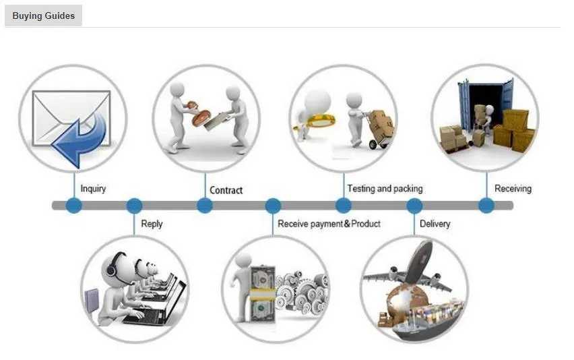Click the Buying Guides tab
pos(43,16)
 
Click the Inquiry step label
pos(93,189)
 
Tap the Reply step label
pos(152,223)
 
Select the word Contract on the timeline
pos(226,190)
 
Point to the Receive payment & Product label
pos(329,223)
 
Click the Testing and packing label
pos(385,189)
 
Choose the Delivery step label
pos(435,223)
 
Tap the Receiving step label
pos(513,189)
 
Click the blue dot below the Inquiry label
pos(73,206)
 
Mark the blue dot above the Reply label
pos(134,206)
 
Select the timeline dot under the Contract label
pos(205,206)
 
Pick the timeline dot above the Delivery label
pos(414,206)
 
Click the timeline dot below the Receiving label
pos(486,206)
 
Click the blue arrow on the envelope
pos(80,138)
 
